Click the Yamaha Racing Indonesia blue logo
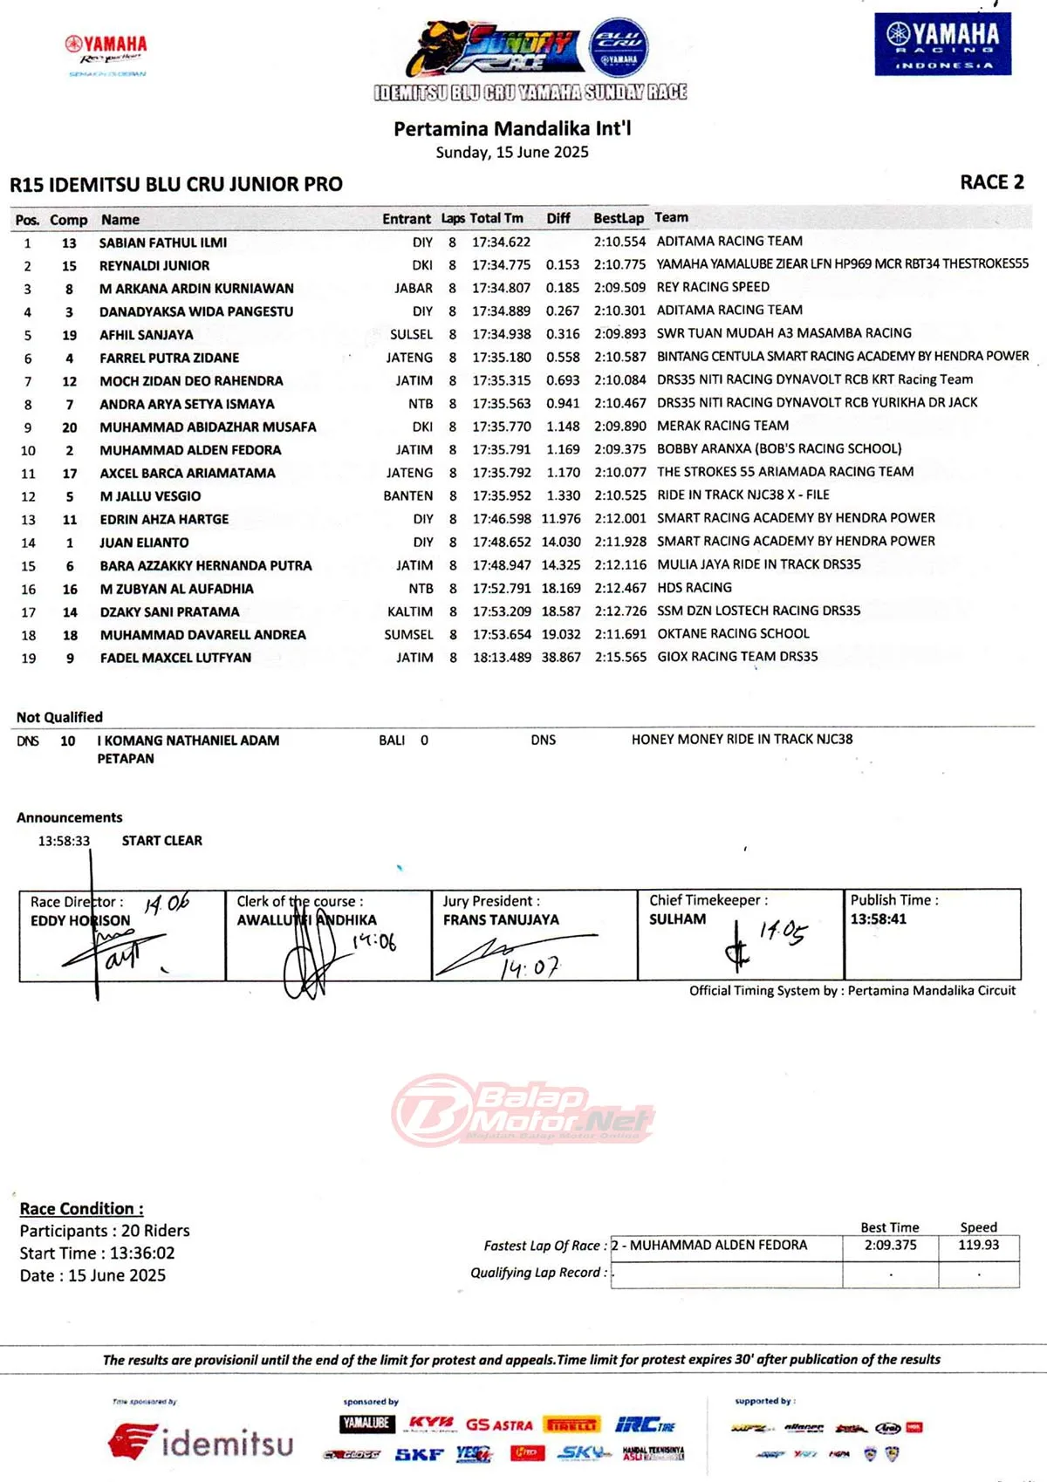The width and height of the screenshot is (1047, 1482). point(942,44)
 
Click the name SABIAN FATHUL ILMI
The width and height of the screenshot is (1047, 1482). point(162,242)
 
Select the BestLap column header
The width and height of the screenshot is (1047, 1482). point(618,218)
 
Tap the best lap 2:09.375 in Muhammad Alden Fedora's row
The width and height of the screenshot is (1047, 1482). point(619,449)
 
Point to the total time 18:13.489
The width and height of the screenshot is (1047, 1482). point(502,657)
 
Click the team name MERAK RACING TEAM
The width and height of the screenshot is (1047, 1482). point(722,426)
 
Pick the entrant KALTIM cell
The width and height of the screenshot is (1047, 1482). point(410,611)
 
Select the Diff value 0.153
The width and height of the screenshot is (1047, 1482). point(563,265)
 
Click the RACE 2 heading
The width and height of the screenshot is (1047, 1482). point(991,182)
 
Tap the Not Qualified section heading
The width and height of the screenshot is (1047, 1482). point(59,717)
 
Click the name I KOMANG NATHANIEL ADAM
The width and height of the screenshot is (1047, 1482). point(188,741)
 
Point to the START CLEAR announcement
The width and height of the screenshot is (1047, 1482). point(161,841)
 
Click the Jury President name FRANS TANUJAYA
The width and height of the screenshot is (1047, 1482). point(501,920)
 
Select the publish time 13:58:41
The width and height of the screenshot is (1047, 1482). point(879,919)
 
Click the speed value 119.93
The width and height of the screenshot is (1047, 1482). point(978,1246)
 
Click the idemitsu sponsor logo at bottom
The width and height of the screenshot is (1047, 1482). point(202,1443)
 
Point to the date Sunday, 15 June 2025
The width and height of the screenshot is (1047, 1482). point(512,153)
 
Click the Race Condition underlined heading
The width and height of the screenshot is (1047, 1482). point(81,1209)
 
